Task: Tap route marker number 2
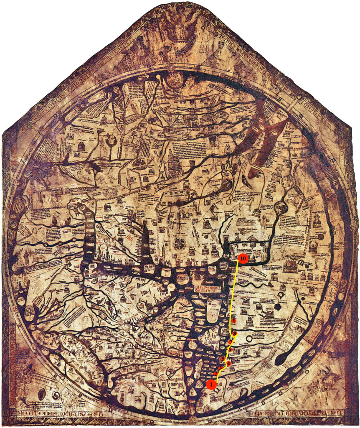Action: click(x=215, y=373)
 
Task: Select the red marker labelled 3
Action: click(x=220, y=368)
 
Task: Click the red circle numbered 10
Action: click(x=243, y=259)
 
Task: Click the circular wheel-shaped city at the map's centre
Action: click(x=180, y=243)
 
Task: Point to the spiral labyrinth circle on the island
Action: click(x=193, y=345)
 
